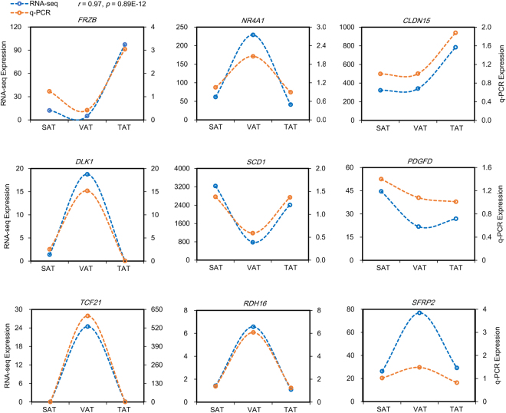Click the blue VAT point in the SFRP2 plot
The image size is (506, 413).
pos(419,312)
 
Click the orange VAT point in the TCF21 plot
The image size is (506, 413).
pos(87,316)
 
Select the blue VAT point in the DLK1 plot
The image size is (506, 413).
pos(87,174)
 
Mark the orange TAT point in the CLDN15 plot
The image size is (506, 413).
pos(455,33)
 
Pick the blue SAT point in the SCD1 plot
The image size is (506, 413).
pos(215,186)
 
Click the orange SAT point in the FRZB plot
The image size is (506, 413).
pos(50,91)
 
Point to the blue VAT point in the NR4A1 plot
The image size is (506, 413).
pos(254,35)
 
